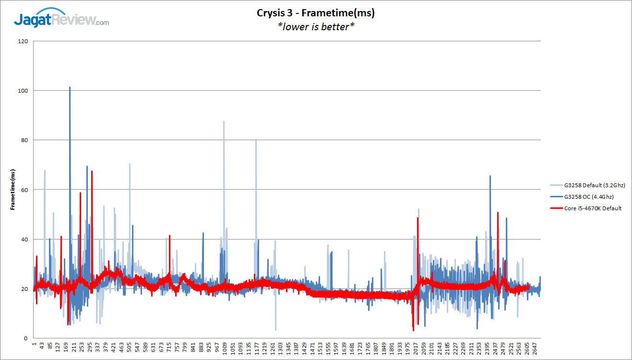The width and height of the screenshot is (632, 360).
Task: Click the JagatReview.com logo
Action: point(61,20)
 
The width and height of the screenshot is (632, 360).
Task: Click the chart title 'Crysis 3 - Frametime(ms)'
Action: point(316,13)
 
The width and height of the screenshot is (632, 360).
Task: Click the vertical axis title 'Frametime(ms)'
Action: point(13,190)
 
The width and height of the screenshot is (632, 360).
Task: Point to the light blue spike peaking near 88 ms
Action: point(224,122)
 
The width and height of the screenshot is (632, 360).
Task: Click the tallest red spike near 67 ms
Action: point(92,172)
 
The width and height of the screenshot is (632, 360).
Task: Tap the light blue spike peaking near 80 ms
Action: point(256,140)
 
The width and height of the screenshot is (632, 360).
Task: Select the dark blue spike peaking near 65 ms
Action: point(490,177)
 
